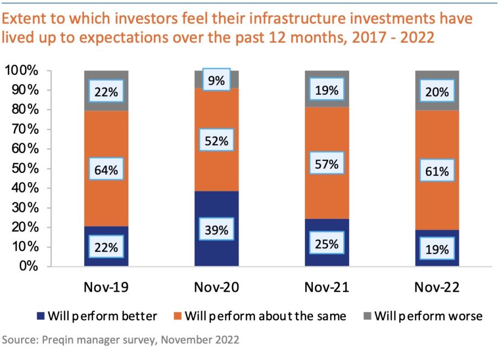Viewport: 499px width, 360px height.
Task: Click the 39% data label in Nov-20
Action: tap(216, 230)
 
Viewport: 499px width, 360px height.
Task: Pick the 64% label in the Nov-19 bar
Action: tap(106, 170)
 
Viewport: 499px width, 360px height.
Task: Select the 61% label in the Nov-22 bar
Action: tap(437, 172)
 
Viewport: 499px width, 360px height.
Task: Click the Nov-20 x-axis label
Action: tap(216, 287)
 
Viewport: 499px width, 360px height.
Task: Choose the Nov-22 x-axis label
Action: tap(437, 287)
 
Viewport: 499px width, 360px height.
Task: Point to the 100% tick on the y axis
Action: tap(22, 71)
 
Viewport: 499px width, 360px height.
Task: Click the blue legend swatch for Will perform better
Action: tap(40, 316)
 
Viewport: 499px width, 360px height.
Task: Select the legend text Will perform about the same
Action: tap(265, 316)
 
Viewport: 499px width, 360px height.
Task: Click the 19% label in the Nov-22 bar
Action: tap(437, 249)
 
